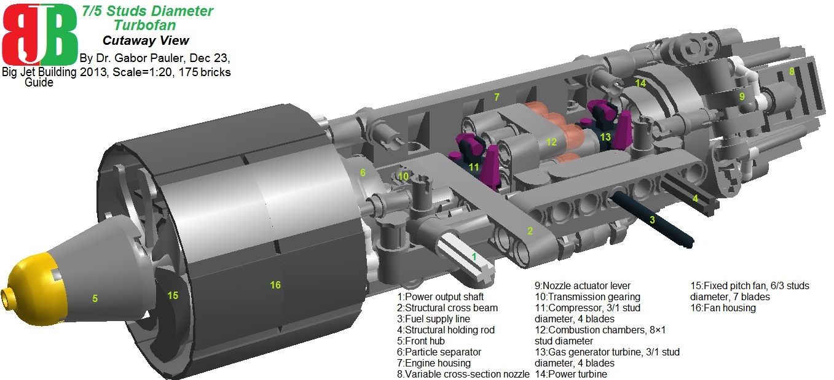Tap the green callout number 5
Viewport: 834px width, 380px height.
click(x=95, y=298)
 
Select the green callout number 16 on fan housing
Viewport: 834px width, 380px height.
click(x=275, y=285)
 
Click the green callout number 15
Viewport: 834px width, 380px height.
click(x=173, y=295)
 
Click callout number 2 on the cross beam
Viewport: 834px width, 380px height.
click(x=529, y=231)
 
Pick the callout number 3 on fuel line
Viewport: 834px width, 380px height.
click(x=653, y=219)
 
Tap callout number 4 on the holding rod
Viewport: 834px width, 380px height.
click(x=695, y=198)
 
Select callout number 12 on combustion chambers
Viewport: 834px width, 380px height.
click(x=551, y=142)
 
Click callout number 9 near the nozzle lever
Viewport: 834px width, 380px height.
click(x=742, y=96)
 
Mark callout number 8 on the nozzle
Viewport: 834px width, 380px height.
click(x=792, y=71)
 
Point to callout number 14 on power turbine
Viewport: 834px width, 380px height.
click(x=640, y=83)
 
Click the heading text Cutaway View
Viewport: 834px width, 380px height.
click(x=146, y=41)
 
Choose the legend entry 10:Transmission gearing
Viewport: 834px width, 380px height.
click(x=588, y=297)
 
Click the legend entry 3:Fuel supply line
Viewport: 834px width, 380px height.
click(x=433, y=319)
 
